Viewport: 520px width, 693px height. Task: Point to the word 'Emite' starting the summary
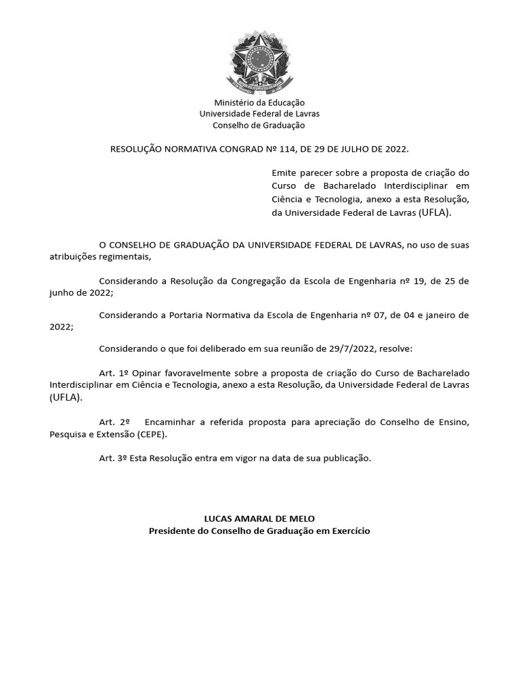pyautogui.click(x=284, y=173)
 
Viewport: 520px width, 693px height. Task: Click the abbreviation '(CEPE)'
pyautogui.click(x=151, y=434)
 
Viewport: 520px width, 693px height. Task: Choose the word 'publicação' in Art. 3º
pyautogui.click(x=347, y=458)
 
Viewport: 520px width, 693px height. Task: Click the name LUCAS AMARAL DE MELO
pyautogui.click(x=259, y=518)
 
